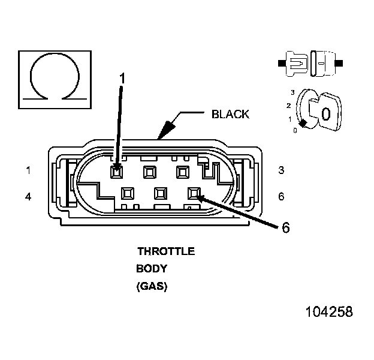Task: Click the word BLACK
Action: (230, 115)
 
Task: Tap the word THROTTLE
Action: (166, 251)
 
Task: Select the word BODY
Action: (152, 269)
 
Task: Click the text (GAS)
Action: (152, 287)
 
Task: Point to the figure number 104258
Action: (329, 313)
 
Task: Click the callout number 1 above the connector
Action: (122, 77)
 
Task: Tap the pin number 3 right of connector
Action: (281, 170)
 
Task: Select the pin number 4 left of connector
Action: (28, 196)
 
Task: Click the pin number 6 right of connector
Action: (281, 196)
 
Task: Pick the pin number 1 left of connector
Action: (28, 170)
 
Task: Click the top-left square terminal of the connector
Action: (117, 172)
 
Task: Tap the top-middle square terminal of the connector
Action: (149, 172)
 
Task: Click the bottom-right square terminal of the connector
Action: (194, 194)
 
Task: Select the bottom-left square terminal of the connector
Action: (128, 194)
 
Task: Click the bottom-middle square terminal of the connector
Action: (161, 194)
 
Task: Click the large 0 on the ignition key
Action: (325, 113)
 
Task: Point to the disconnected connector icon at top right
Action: (311, 62)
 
